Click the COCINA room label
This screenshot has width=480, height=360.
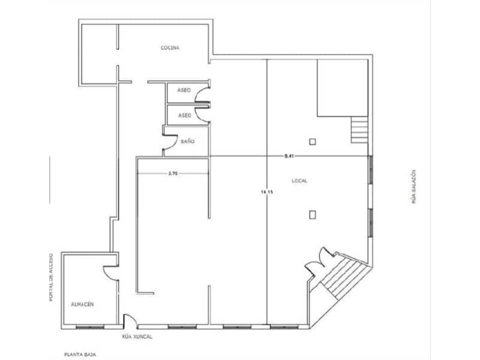pyautogui.click(x=170, y=48)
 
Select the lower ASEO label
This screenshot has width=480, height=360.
pyautogui.click(x=184, y=115)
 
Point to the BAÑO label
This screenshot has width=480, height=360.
pyautogui.click(x=187, y=142)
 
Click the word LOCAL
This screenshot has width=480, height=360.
pyautogui.click(x=299, y=181)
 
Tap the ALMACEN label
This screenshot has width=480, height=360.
pyautogui.click(x=82, y=305)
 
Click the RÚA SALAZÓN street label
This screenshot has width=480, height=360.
pyautogui.click(x=414, y=187)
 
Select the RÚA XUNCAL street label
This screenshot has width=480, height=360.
pyautogui.click(x=137, y=337)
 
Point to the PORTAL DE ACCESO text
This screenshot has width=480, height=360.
pyautogui.click(x=53, y=277)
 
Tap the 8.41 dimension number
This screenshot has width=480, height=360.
pyautogui.click(x=289, y=156)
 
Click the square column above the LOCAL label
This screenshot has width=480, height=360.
pyautogui.click(x=312, y=142)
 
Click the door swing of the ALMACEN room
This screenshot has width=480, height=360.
pyautogui.click(x=110, y=274)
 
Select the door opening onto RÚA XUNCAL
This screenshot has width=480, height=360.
pyautogui.click(x=127, y=321)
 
